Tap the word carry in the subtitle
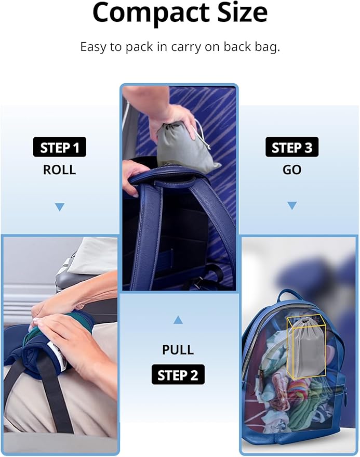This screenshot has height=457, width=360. point(186,47)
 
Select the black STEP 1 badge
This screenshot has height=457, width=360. point(59,147)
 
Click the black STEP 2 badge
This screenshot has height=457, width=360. point(178,374)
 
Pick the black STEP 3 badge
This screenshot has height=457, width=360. point(292,147)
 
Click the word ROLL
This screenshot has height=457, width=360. point(59,169)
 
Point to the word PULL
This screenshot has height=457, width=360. point(178,350)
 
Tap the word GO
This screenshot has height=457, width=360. point(292,169)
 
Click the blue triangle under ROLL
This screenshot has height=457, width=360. point(60,207)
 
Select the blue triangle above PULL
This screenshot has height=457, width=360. point(178,320)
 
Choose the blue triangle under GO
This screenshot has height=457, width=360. point(292,205)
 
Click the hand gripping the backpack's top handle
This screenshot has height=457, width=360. point(134,176)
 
